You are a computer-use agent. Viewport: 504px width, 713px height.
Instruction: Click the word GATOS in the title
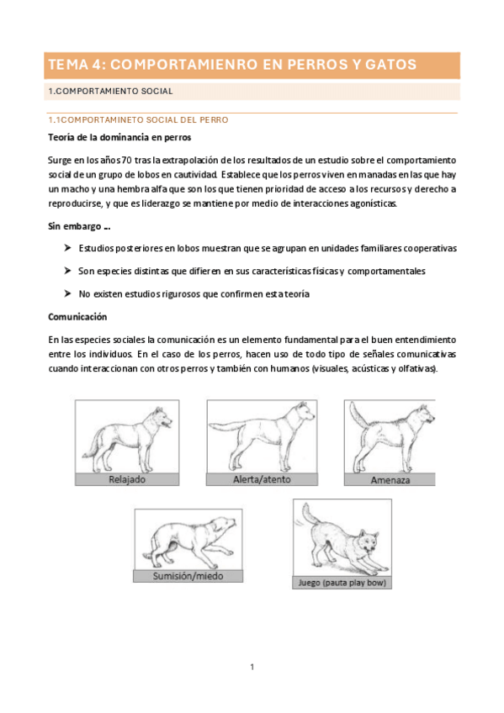tap(390, 65)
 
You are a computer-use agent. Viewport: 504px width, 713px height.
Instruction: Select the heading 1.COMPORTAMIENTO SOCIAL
tap(110, 92)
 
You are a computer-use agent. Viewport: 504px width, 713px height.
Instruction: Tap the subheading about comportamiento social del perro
tap(138, 120)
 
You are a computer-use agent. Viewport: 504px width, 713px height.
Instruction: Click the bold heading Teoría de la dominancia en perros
tap(119, 137)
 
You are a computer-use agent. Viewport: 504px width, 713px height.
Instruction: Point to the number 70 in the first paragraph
tap(126, 160)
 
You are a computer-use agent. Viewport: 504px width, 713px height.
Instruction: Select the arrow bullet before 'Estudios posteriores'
tap(68, 248)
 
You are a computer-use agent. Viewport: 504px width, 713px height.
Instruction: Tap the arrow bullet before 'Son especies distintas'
tap(68, 271)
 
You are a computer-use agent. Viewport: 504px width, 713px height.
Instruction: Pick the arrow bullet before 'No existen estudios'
tap(68, 293)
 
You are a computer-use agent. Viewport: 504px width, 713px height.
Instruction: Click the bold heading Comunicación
tap(77, 317)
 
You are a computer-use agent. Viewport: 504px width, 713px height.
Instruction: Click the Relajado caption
tap(127, 479)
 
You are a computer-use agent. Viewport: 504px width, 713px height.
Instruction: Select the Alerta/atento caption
tap(262, 479)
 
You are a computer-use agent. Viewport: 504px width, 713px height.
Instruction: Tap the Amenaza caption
tap(390, 480)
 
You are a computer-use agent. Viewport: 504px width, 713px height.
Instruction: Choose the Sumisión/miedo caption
tap(188, 576)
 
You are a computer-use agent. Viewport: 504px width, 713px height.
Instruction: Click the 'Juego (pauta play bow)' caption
tap(342, 583)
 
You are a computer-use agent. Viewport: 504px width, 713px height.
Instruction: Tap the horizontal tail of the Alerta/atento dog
tap(226, 426)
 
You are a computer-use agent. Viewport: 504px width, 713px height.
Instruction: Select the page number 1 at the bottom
tap(252, 667)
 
